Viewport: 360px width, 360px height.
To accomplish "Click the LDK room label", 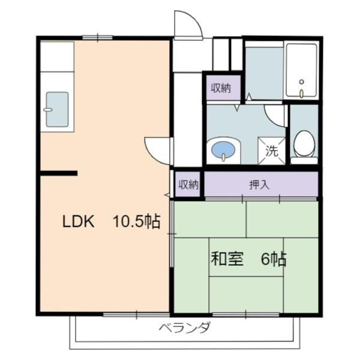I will tap(79, 221).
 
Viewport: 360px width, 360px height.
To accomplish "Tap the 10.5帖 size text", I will tap(137, 221).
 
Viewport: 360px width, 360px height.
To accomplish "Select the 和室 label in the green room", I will tap(226, 259).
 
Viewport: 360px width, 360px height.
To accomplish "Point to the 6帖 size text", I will tap(274, 259).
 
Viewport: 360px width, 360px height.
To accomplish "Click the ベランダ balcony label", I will tap(185, 328).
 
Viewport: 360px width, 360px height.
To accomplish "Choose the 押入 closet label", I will tap(259, 185).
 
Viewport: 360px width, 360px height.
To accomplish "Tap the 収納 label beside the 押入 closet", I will tap(188, 185).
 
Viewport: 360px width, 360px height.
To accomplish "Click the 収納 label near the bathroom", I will tap(221, 88).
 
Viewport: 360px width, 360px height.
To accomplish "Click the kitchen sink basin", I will tap(57, 109).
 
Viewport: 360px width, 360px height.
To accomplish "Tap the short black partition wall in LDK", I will tap(58, 173).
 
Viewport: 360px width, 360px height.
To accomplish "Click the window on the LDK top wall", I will tap(98, 38).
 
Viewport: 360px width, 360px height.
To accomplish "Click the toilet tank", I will tap(304, 160).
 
